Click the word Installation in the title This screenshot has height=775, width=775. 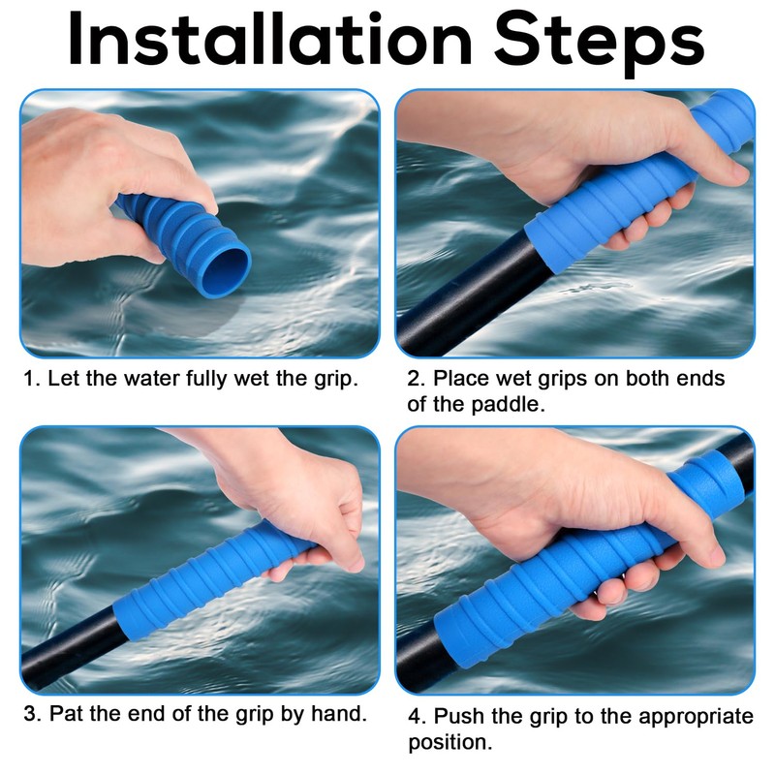tap(270, 39)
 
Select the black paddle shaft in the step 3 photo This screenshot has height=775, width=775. tap(69, 647)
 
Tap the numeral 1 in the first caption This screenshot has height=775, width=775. tap(29, 379)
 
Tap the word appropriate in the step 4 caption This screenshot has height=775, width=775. tap(696, 718)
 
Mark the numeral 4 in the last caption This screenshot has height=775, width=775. tap(415, 717)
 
